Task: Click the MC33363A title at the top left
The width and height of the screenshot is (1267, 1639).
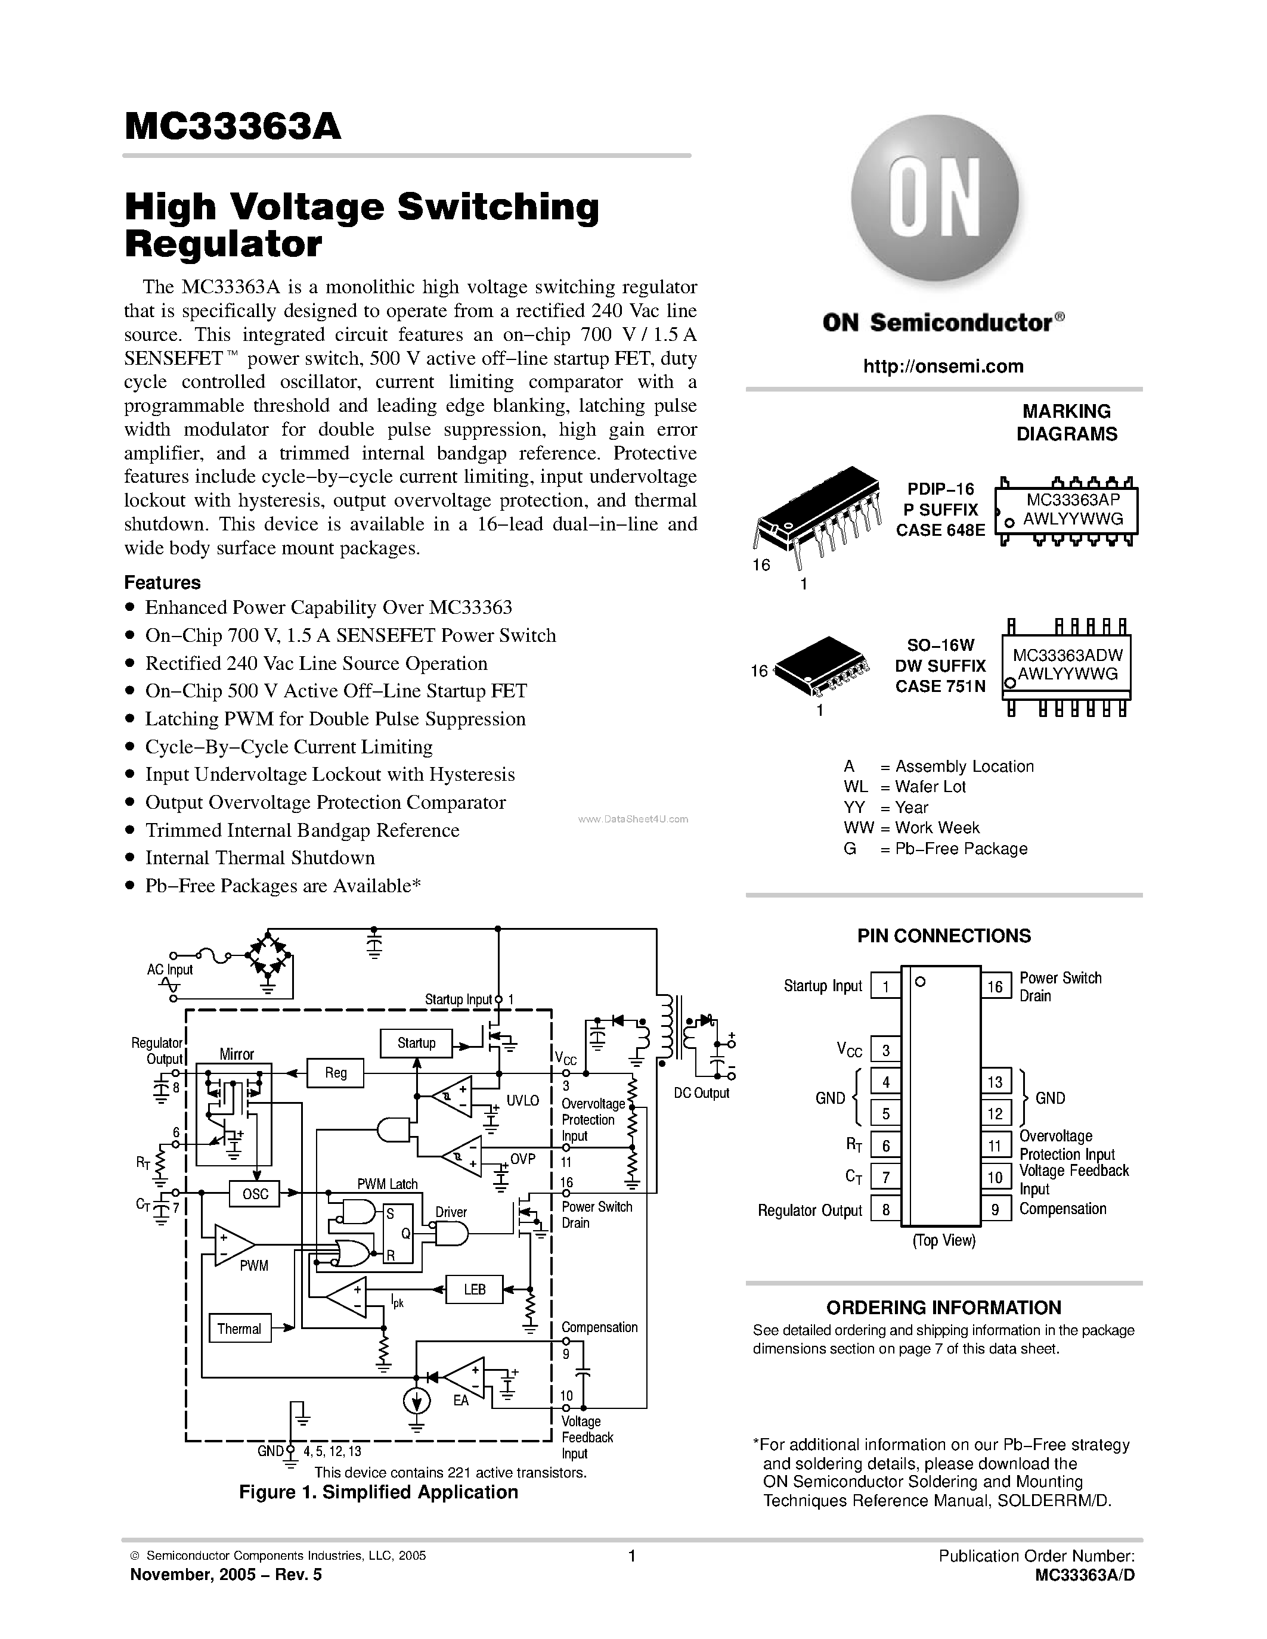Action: click(233, 127)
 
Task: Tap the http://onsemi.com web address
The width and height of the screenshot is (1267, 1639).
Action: click(943, 366)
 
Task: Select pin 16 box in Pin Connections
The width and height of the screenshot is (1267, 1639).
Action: click(995, 987)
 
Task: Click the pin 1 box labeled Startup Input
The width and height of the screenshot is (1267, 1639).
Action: click(885, 987)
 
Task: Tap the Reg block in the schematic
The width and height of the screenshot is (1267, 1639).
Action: click(336, 1073)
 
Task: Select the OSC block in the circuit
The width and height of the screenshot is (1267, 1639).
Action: click(255, 1194)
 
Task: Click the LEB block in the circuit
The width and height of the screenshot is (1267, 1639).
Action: click(475, 1289)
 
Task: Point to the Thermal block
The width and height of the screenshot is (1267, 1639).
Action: click(240, 1329)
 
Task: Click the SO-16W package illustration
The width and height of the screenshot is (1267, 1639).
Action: click(822, 664)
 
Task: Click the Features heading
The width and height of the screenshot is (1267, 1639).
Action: click(162, 582)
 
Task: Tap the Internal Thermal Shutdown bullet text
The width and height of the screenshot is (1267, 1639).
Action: click(260, 858)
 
